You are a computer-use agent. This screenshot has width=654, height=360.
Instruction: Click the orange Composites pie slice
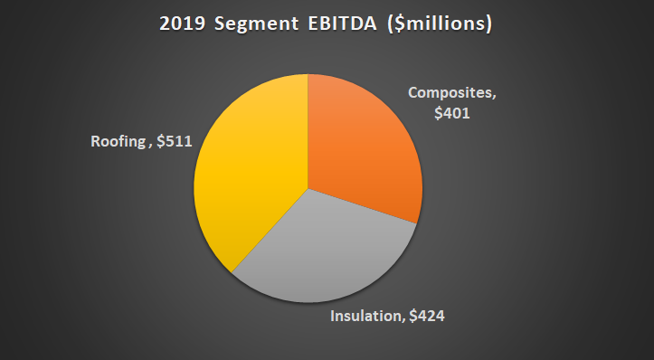tap(362, 145)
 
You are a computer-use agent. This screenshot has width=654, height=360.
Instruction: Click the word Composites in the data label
tap(450, 93)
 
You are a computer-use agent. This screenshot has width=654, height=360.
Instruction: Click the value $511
tap(173, 141)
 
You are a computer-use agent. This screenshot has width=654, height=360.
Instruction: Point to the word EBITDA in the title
tap(343, 24)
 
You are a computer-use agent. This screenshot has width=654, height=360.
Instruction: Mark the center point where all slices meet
tap(308, 189)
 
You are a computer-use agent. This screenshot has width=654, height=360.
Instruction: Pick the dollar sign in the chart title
tap(402, 24)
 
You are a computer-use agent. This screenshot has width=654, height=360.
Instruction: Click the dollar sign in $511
tap(159, 141)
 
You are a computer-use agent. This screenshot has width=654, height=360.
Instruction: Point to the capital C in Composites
tap(413, 93)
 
